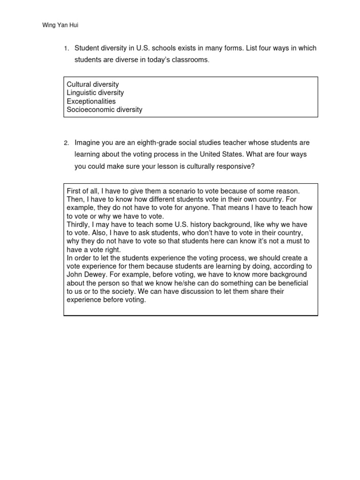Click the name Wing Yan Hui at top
tap(60, 25)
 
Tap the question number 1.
tap(67, 49)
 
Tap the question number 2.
tap(67, 143)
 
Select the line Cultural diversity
tap(93, 84)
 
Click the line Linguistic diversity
tap(95, 93)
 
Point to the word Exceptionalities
tap(91, 101)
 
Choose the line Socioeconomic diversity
tap(105, 110)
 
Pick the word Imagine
tap(88, 142)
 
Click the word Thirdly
tap(78, 225)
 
